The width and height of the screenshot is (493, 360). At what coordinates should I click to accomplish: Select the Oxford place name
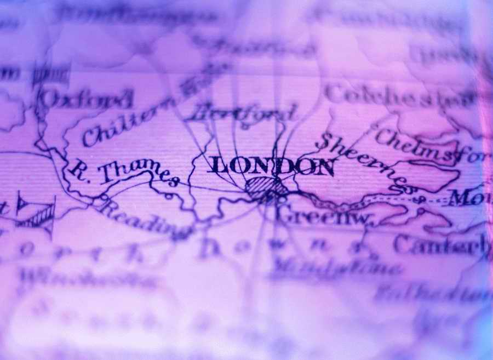(x=88, y=99)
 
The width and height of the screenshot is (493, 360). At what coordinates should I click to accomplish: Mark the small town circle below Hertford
(x=245, y=127)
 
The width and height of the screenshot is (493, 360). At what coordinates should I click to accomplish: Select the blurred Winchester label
(x=88, y=279)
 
